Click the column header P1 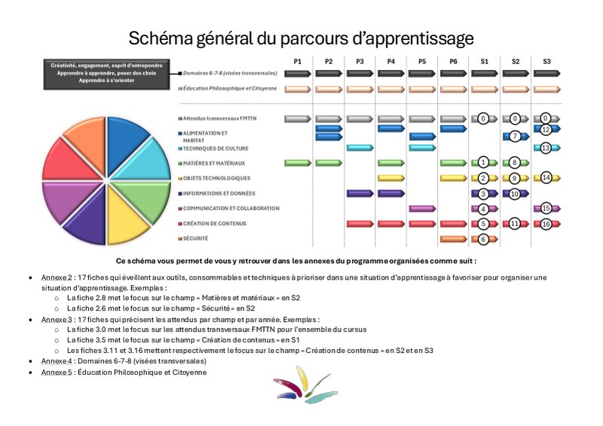tap(298, 60)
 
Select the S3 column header tap(546, 60)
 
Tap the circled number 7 tap(515, 136)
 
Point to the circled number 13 tap(546, 148)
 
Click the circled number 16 tap(546, 224)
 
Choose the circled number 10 tap(515, 194)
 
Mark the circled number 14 tap(546, 178)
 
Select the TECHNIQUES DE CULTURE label tap(218, 149)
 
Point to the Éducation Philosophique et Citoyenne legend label tap(230, 88)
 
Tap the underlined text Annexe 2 tap(54, 277)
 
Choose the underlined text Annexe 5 tap(54, 372)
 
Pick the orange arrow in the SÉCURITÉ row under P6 tap(452, 239)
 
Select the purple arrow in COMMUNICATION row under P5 tap(421, 209)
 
